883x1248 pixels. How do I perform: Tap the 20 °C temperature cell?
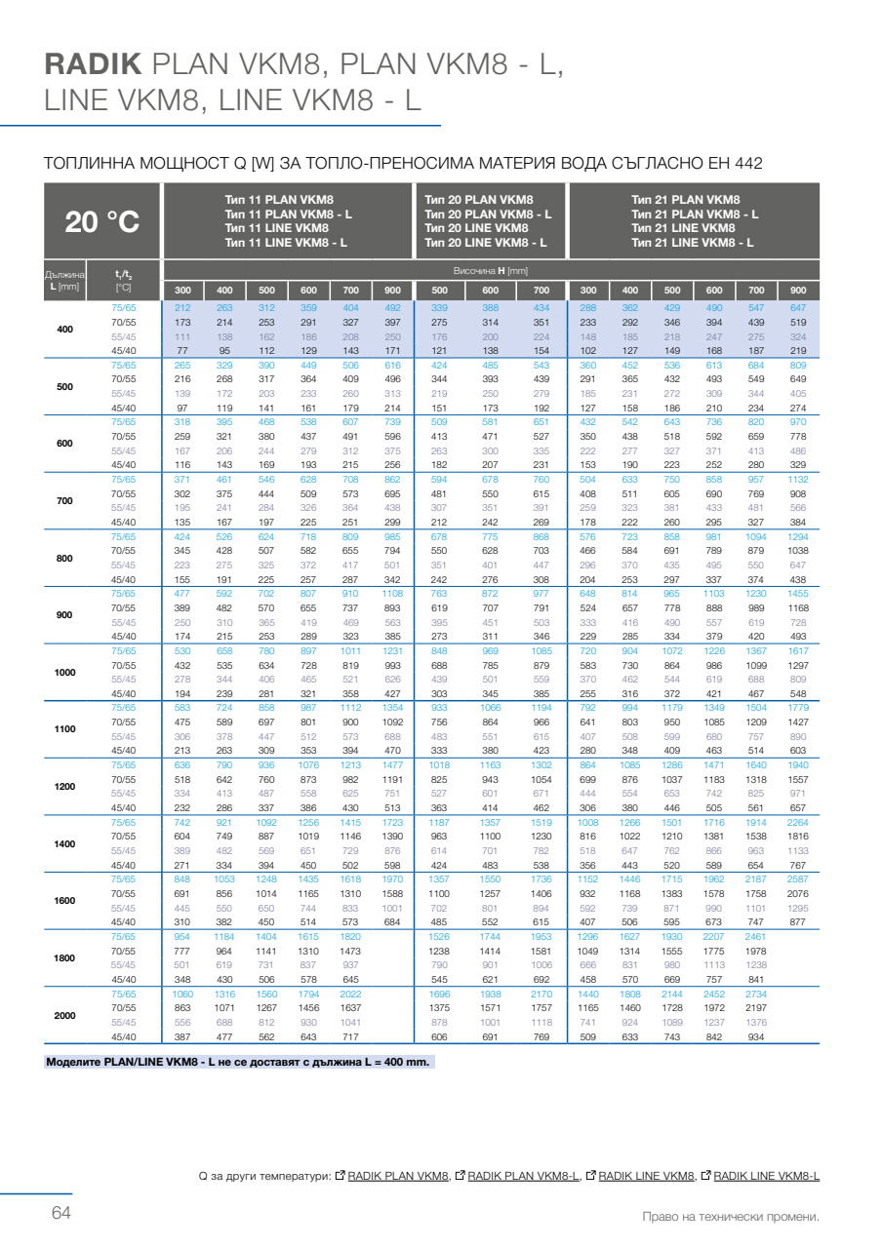[x=101, y=222]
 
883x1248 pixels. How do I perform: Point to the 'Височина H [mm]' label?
[x=491, y=270]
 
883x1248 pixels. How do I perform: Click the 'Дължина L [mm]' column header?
[x=65, y=281]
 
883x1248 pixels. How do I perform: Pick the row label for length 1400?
[x=65, y=843]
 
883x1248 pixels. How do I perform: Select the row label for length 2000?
[x=65, y=1015]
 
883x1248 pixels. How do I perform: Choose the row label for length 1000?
[x=65, y=672]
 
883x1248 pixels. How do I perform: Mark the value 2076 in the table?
[x=798, y=893]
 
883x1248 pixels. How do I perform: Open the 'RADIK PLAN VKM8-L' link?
[x=524, y=1176]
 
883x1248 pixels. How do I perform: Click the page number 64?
[x=61, y=1213]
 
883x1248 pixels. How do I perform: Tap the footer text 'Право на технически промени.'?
[x=731, y=1217]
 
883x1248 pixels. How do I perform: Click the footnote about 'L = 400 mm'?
[x=239, y=1062]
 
